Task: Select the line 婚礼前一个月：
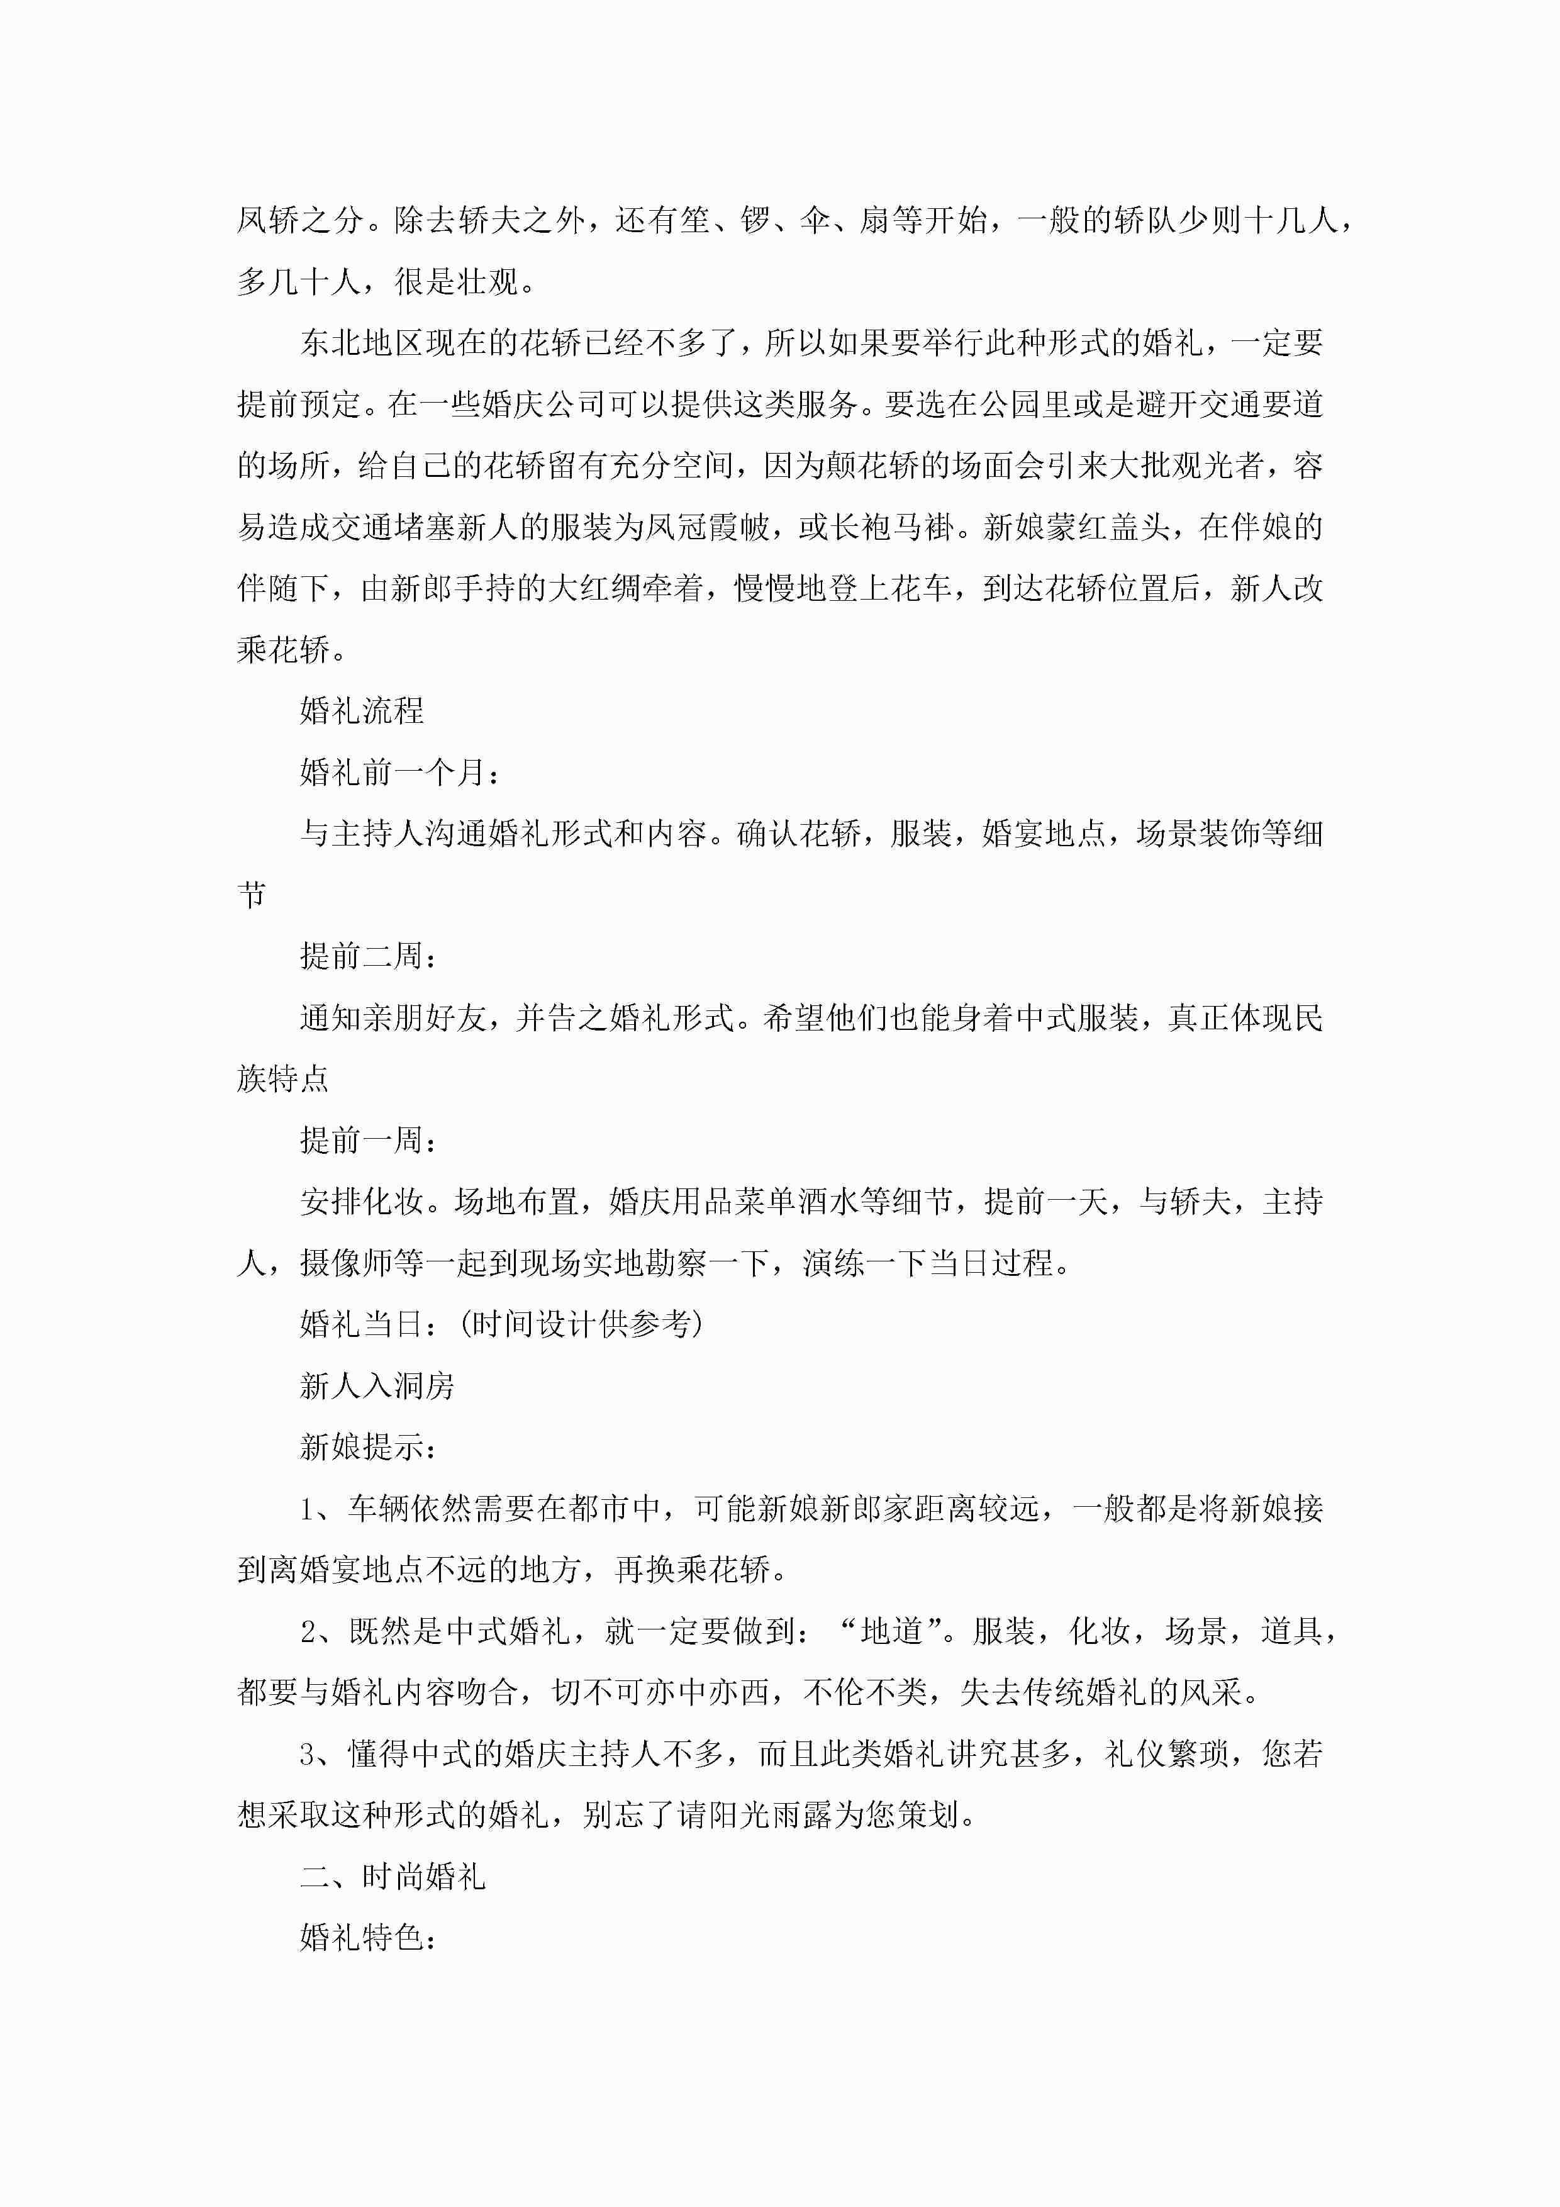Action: pos(400,772)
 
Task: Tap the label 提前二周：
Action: pos(369,956)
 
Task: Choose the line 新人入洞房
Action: pos(377,1385)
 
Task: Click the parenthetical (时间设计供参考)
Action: pos(581,1324)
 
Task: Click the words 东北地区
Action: pos(362,342)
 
